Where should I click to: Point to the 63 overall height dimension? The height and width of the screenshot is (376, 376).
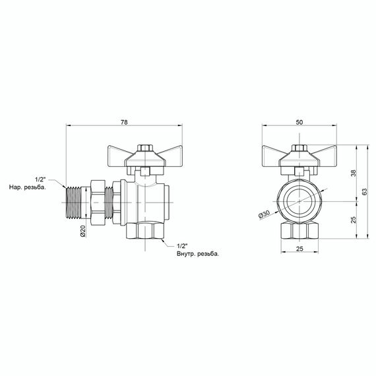363,191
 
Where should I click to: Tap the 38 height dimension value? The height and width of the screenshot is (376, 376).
353,173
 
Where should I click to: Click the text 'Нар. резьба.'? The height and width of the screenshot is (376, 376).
27,188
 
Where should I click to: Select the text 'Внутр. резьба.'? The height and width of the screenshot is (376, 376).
197,253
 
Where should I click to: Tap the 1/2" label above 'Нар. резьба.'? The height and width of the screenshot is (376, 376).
39,179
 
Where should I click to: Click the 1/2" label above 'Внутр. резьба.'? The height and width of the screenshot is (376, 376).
183,245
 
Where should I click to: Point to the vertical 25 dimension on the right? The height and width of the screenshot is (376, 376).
353,220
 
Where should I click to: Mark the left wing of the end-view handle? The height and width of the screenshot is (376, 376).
276,155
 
